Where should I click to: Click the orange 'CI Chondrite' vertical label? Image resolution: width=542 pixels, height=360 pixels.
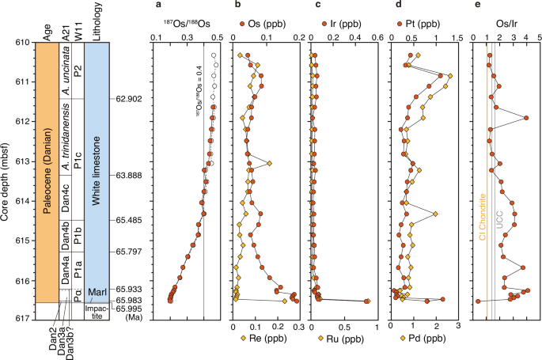click(x=482, y=215)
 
